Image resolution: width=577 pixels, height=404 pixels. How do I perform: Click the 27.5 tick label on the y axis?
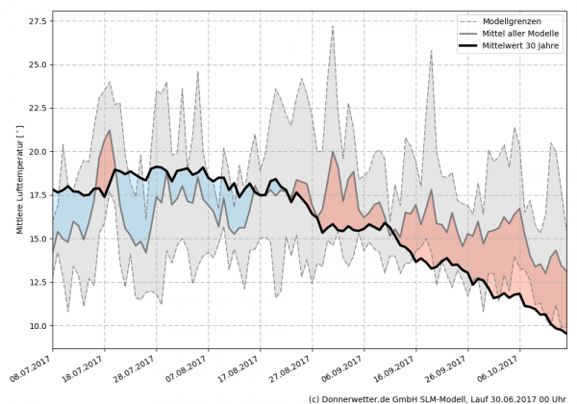[38, 21]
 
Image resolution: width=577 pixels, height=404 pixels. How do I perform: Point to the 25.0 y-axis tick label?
[38, 64]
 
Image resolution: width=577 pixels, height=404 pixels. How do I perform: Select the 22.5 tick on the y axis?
[38, 108]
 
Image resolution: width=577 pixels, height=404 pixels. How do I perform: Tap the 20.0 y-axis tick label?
[38, 152]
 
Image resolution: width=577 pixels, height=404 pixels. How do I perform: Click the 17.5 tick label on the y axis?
[38, 195]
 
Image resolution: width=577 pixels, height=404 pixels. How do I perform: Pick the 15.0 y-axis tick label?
[38, 239]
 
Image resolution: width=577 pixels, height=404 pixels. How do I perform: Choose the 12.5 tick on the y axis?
[38, 282]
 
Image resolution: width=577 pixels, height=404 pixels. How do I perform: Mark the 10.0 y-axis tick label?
[38, 325]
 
